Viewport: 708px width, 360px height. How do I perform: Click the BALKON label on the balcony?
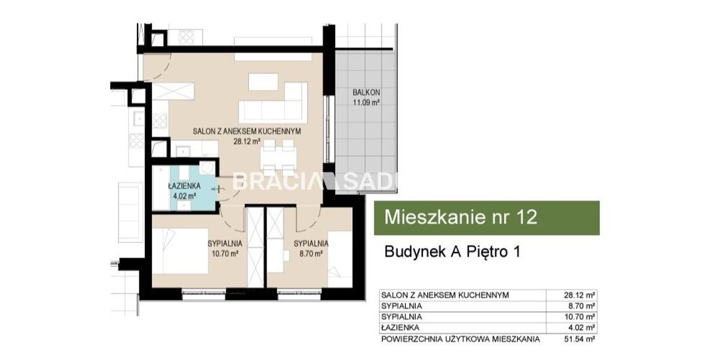click(366, 92)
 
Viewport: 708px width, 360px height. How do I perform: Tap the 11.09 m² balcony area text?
click(366, 103)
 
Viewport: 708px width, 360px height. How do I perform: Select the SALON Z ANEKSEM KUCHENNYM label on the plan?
click(247, 131)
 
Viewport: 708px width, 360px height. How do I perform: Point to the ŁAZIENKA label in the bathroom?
click(181, 185)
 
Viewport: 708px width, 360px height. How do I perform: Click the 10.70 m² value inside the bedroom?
click(226, 254)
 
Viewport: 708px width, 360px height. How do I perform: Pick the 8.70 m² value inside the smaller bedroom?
click(311, 254)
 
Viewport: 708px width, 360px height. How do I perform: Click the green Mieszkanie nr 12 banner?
click(487, 218)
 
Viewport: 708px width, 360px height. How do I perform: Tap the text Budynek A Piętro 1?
click(452, 251)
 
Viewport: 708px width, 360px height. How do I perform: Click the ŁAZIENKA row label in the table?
click(400, 328)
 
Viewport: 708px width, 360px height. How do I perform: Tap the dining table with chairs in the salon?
click(280, 157)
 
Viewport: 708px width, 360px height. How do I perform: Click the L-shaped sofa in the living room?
click(273, 103)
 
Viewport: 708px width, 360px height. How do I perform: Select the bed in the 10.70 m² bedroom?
click(180, 251)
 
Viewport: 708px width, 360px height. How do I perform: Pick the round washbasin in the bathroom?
click(207, 168)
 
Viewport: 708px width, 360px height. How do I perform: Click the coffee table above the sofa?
click(263, 82)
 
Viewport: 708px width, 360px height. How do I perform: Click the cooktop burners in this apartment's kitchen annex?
click(160, 121)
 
